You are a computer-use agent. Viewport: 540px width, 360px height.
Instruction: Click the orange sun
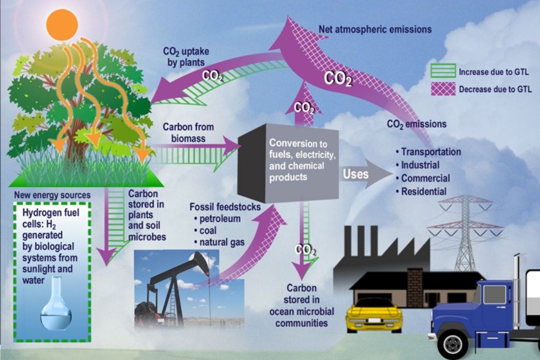(x=62, y=25)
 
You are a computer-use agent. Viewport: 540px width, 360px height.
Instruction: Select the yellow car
(x=373, y=313)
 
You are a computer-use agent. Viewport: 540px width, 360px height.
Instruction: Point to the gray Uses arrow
(x=365, y=174)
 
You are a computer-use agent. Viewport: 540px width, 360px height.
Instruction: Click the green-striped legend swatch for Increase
(x=442, y=72)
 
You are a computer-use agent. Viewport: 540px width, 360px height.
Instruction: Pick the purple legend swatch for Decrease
(x=442, y=88)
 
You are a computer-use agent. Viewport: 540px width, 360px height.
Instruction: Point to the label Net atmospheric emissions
(x=375, y=29)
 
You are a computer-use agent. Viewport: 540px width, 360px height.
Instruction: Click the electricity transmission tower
(x=465, y=231)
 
